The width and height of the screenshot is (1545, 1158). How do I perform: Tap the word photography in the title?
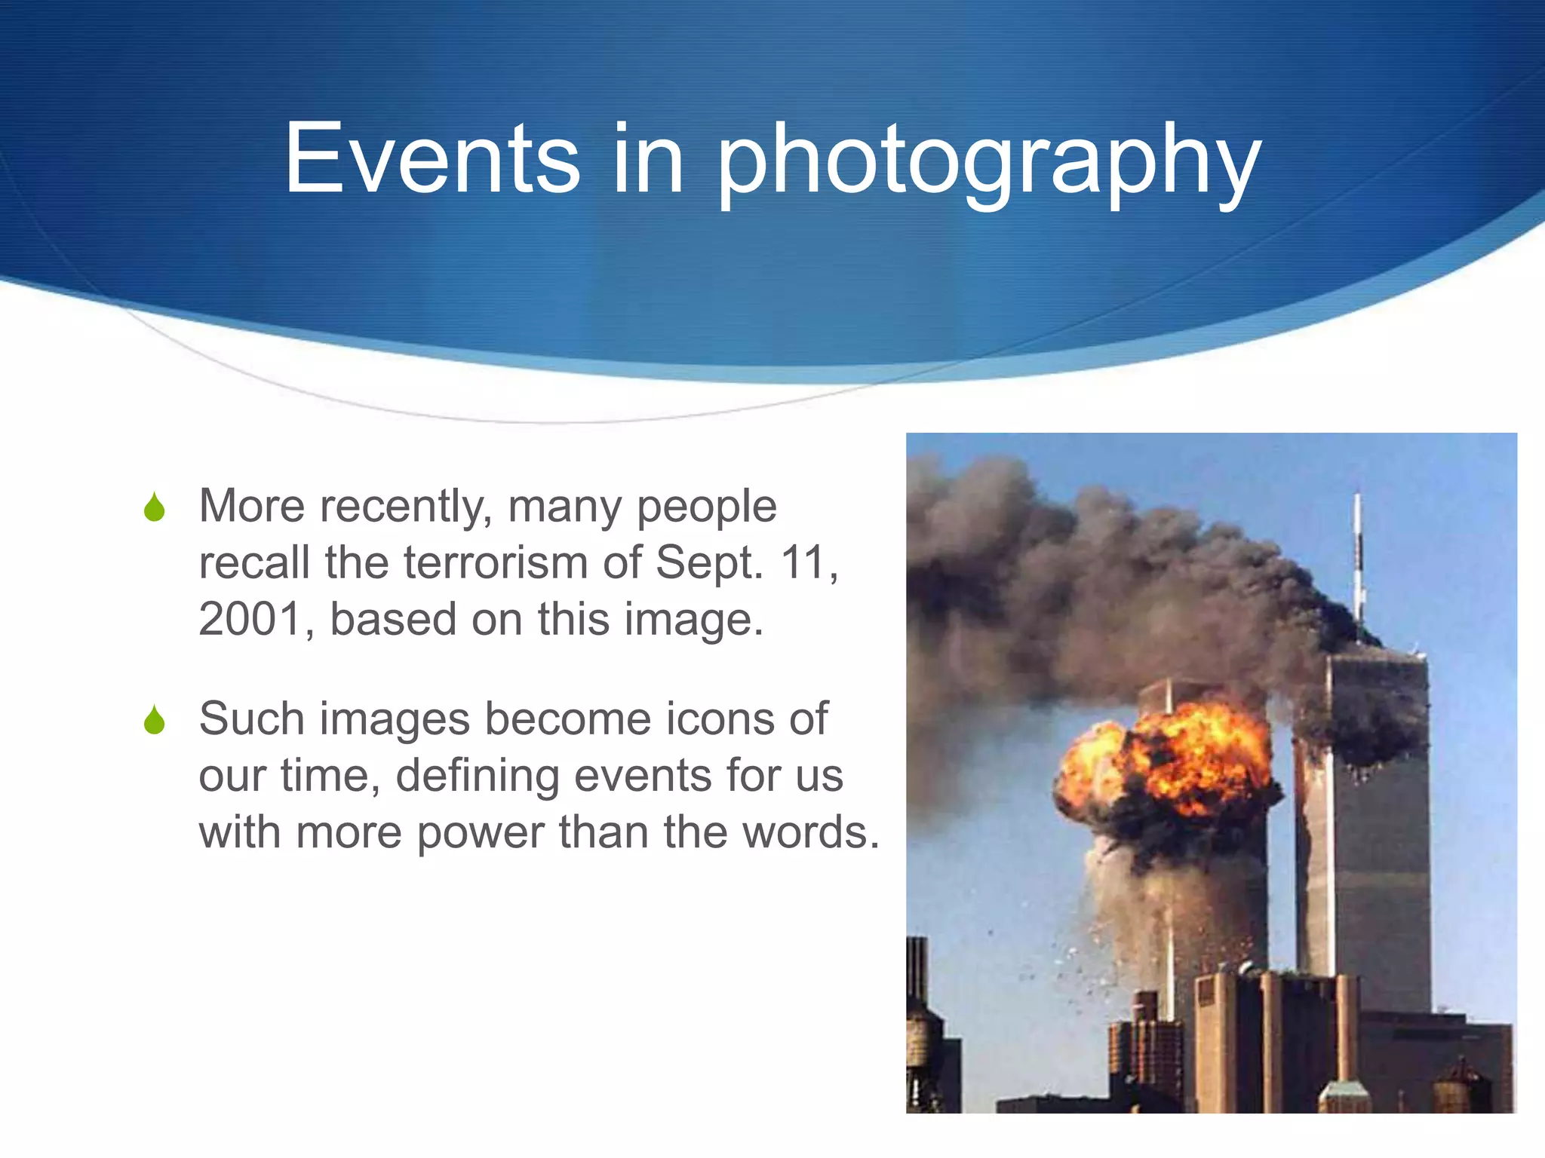988,162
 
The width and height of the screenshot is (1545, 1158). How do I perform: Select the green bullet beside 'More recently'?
155,507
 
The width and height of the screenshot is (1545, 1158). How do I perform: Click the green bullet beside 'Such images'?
155,720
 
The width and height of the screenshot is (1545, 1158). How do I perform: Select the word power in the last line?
481,834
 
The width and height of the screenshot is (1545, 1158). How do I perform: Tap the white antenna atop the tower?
1358,558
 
